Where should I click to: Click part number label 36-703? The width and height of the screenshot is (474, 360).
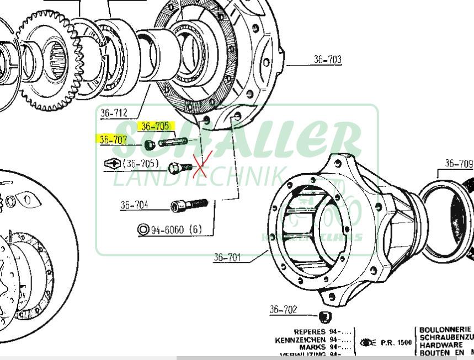point(327,59)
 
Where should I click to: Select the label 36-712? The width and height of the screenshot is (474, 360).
point(114,113)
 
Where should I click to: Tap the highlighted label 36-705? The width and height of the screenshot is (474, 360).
point(155,126)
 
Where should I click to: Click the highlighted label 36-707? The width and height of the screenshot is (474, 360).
point(113,139)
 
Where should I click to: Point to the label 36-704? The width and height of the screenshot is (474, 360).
point(134,206)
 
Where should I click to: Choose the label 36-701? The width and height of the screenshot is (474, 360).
point(227,257)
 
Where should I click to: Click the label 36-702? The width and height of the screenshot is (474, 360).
point(283,310)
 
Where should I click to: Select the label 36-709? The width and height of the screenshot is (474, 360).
point(459,163)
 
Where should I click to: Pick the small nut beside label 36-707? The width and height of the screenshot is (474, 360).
point(149,145)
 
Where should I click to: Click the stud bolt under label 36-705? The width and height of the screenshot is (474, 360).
point(173,143)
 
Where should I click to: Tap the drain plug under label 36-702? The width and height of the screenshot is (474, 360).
point(326,316)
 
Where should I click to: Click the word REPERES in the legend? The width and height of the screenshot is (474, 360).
point(310,332)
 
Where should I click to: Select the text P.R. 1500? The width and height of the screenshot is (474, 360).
point(396,343)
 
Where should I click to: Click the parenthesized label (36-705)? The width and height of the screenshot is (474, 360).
point(141,164)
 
